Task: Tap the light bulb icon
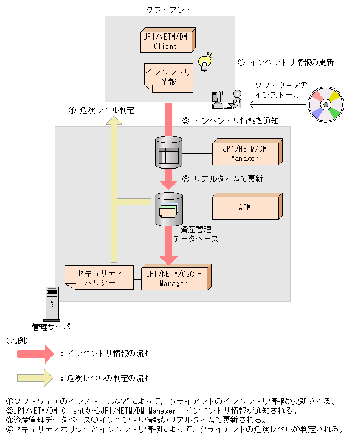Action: [x=205, y=62]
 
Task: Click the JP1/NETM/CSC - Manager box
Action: [x=175, y=278]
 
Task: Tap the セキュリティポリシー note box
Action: [x=99, y=278]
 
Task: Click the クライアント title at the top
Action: [x=169, y=9]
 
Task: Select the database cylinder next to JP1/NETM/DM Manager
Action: [x=169, y=152]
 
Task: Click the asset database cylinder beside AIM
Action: [x=169, y=209]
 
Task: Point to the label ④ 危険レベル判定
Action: [x=102, y=110]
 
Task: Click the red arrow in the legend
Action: [x=35, y=353]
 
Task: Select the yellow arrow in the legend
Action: [x=35, y=378]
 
